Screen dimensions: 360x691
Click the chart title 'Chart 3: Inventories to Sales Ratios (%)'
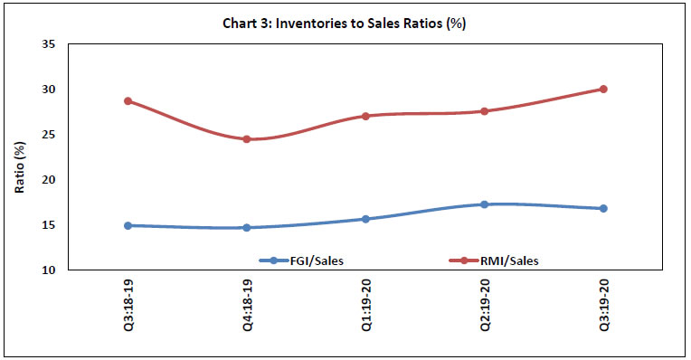(x=345, y=24)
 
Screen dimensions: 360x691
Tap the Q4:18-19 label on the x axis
(x=247, y=308)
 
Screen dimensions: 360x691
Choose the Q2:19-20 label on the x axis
(x=485, y=308)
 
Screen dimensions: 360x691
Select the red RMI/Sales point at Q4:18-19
(x=247, y=139)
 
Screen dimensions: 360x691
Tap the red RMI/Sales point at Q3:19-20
(x=603, y=89)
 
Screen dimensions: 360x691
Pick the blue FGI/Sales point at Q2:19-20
(x=485, y=204)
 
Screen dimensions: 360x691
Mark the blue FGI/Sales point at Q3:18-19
(x=128, y=225)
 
